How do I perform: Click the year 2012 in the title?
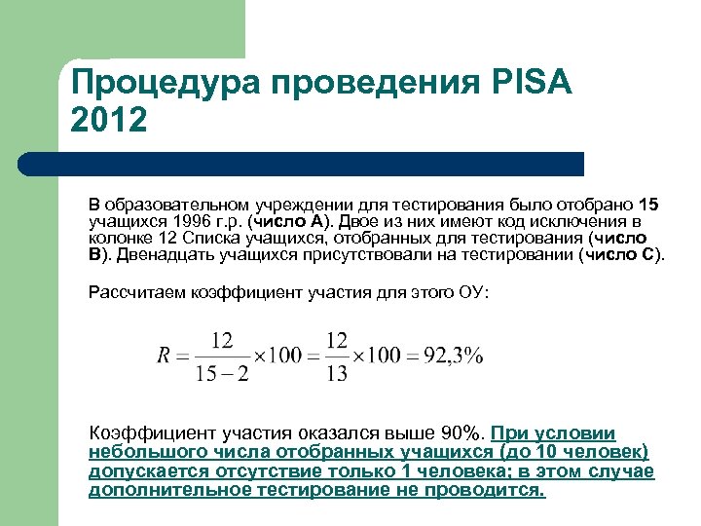point(109,121)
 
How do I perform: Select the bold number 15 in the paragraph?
point(649,206)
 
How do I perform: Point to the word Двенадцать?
point(155,256)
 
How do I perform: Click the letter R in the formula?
point(165,356)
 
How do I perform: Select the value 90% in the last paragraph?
point(459,433)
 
